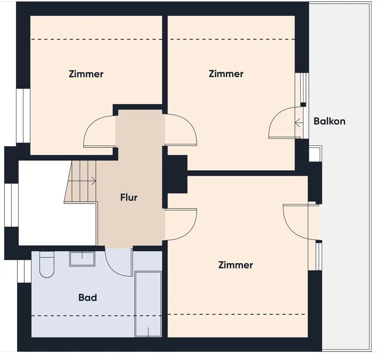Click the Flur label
(x=129, y=198)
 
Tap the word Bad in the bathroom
(x=88, y=297)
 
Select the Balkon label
(x=330, y=121)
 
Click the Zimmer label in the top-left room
(x=86, y=74)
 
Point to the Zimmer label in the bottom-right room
(x=236, y=265)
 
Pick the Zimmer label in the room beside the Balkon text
(x=226, y=74)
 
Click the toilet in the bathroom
(x=47, y=265)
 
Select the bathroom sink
(x=82, y=259)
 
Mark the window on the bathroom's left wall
(x=24, y=271)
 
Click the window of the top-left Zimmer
(x=23, y=115)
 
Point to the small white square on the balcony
(x=315, y=154)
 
